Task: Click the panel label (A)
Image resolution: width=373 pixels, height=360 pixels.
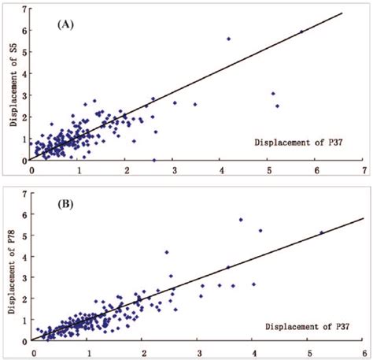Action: (65, 24)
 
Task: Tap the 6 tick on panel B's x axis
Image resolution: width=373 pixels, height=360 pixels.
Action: (364, 351)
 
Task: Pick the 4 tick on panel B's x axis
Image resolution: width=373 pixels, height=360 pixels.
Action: (253, 351)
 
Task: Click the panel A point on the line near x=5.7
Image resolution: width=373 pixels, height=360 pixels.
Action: (301, 32)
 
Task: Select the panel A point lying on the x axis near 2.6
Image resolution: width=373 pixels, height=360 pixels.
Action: (154, 160)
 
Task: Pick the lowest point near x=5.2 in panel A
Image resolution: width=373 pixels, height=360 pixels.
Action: (277, 106)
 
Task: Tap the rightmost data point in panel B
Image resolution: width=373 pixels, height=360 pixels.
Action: (321, 232)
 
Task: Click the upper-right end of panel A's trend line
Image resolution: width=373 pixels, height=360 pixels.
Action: (343, 13)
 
